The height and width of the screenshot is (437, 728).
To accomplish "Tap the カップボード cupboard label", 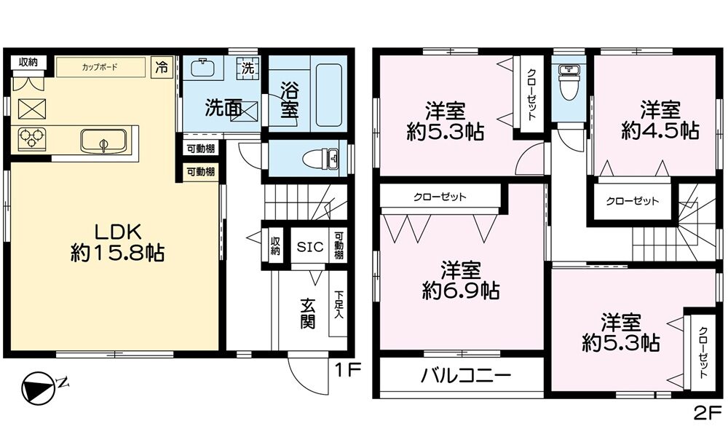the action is pyautogui.click(x=100, y=67).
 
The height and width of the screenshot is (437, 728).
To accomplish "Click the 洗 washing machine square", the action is pyautogui.click(x=248, y=68).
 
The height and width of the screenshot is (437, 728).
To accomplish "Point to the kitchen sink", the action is pyautogui.click(x=103, y=141).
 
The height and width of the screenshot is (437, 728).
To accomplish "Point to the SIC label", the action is pyautogui.click(x=309, y=247).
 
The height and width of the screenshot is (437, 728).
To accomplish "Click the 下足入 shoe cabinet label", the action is pyautogui.click(x=339, y=304).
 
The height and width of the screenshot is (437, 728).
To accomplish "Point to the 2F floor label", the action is pyautogui.click(x=708, y=413).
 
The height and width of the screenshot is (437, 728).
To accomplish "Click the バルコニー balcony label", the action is pyautogui.click(x=466, y=375).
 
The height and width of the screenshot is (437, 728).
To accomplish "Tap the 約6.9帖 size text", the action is pyautogui.click(x=461, y=291).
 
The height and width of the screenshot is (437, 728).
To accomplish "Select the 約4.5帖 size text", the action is pyautogui.click(x=660, y=131).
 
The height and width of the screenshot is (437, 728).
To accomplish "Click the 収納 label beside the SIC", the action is pyautogui.click(x=276, y=247).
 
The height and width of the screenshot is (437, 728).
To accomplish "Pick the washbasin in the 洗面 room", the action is pyautogui.click(x=203, y=68).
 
